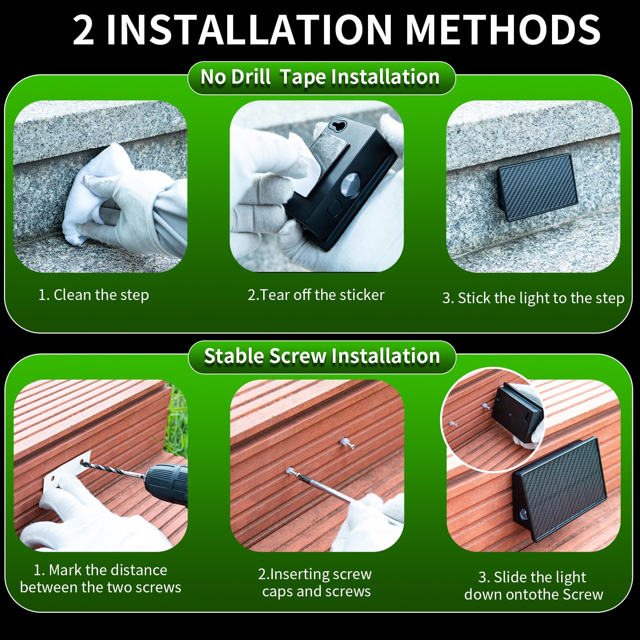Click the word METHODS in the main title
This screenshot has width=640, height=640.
pos(502,30)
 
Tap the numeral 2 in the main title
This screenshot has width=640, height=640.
pos(84,30)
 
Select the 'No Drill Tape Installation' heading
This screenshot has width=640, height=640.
pos(320,77)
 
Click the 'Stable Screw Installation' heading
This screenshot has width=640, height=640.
pos(322,356)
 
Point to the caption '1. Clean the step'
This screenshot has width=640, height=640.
pos(94,295)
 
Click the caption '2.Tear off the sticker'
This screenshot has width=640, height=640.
pos(316,295)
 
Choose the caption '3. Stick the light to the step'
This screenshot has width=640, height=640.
pos(533,298)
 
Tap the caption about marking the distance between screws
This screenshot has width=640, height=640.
pos(100,578)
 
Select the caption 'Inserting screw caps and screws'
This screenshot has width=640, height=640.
pos(316,582)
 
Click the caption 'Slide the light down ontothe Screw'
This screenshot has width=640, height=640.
pos(534,586)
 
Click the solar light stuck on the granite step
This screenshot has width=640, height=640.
pos(538,187)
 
